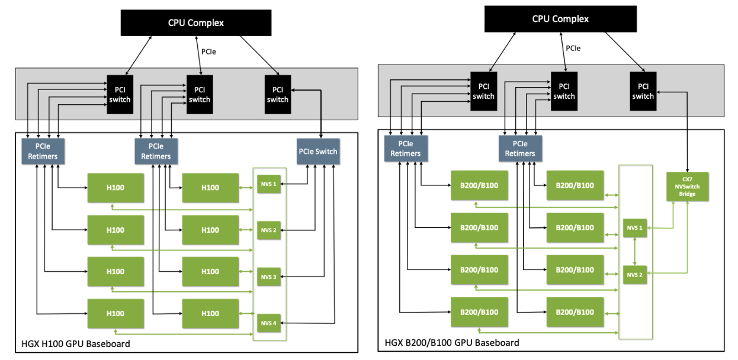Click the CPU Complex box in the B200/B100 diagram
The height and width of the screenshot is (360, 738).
(560, 18)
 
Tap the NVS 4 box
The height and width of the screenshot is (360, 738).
(268, 323)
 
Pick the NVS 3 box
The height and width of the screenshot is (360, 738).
(268, 277)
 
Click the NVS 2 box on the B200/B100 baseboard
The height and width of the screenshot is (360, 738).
(634, 274)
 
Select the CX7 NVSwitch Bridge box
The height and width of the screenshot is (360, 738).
(687, 187)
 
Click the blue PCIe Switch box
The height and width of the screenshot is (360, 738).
(317, 152)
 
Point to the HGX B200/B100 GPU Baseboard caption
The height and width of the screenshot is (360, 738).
(451, 342)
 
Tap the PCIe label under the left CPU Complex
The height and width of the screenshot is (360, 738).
(208, 52)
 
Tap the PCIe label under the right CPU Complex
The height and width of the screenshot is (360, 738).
(573, 49)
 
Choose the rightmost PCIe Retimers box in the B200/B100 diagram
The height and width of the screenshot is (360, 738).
(519, 149)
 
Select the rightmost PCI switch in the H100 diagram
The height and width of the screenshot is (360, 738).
(277, 95)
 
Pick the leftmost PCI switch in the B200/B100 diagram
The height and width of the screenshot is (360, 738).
(483, 91)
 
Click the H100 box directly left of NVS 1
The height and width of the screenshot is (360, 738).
(210, 188)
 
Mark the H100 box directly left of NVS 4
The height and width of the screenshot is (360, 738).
(210, 314)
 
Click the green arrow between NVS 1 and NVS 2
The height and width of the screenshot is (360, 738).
(634, 251)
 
